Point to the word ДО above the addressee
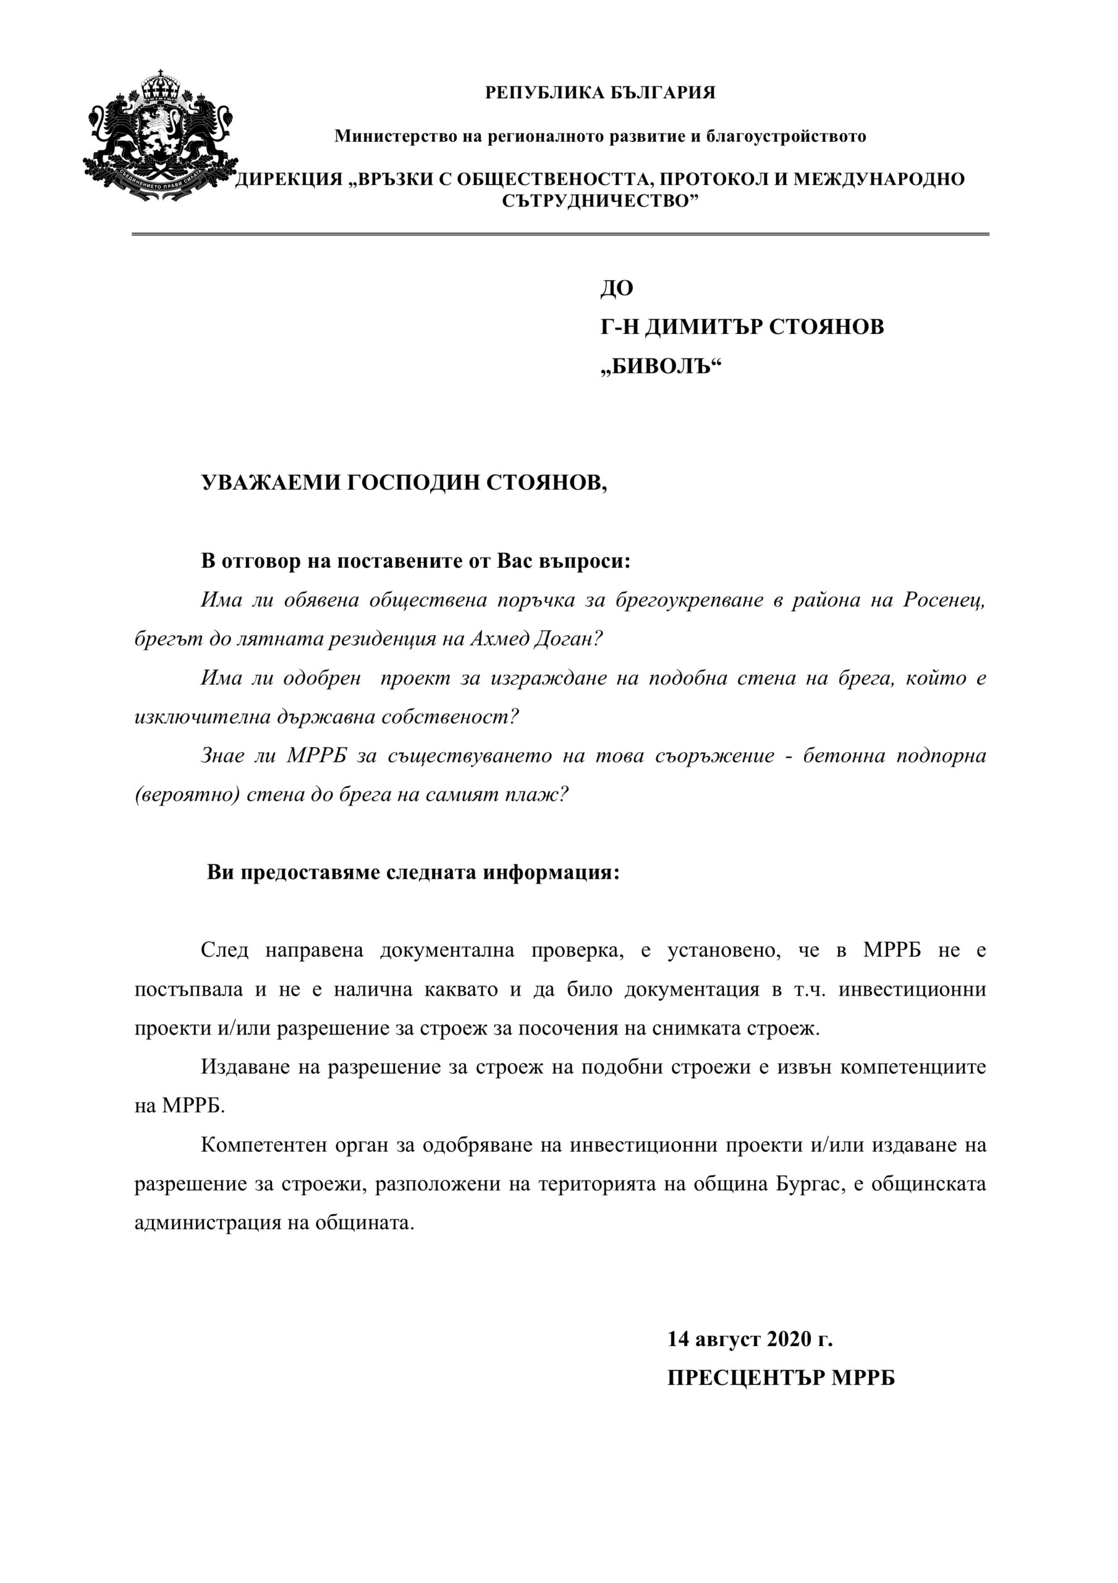[616, 288]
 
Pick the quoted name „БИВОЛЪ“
[659, 366]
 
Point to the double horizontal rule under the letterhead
[560, 234]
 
